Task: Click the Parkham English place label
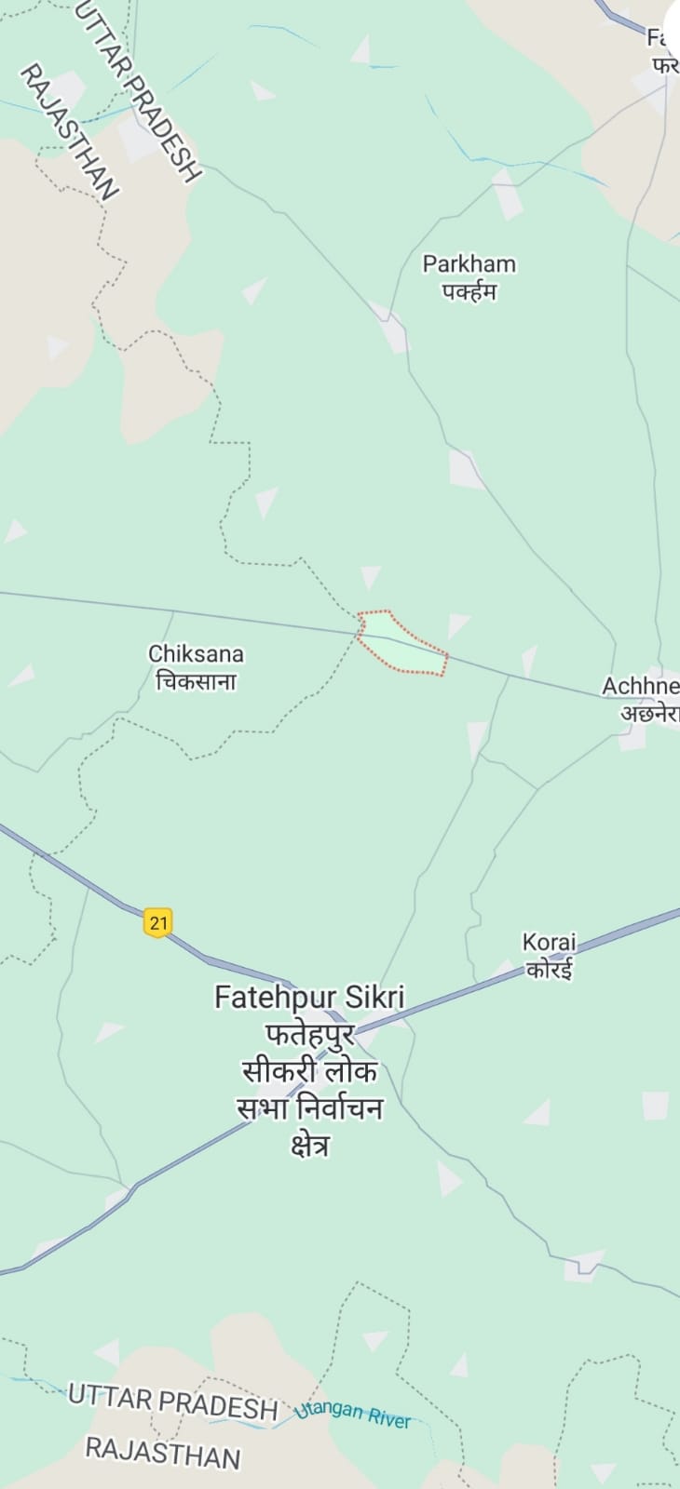(469, 264)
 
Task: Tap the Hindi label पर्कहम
(469, 291)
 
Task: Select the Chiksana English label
(196, 654)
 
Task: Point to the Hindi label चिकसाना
(196, 682)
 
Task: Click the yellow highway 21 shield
(158, 922)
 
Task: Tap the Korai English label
(550, 943)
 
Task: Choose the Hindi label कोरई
(550, 970)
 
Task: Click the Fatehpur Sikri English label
(309, 998)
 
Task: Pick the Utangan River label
(353, 1415)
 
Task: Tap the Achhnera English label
(641, 687)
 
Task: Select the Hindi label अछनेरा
(649, 714)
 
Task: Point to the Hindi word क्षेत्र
(309, 1146)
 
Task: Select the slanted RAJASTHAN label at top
(69, 132)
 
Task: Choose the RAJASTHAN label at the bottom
(162, 1452)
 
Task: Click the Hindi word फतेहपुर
(309, 1035)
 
